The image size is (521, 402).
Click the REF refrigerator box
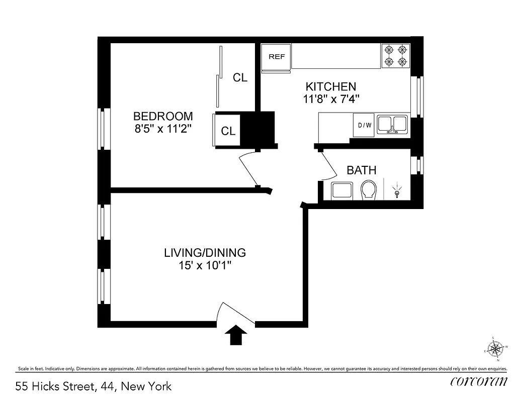tap(277, 57)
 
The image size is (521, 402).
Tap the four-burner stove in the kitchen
tap(395, 56)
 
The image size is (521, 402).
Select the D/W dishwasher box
tap(365, 125)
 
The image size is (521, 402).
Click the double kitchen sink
tap(393, 124)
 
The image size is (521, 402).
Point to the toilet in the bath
tap(369, 190)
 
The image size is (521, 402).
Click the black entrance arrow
tap(235, 335)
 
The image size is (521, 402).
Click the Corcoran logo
tap(478, 382)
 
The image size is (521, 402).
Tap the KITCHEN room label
tap(331, 86)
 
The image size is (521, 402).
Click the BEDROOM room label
tap(163, 116)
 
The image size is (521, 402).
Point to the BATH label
tap(361, 170)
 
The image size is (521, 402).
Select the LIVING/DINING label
tap(205, 252)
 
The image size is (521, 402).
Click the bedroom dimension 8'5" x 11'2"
tap(164, 129)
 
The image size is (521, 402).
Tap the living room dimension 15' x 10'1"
tap(205, 265)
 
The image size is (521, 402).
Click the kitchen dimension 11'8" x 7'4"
tap(331, 99)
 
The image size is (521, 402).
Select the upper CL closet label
tap(240, 77)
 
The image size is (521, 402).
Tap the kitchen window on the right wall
tap(416, 96)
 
